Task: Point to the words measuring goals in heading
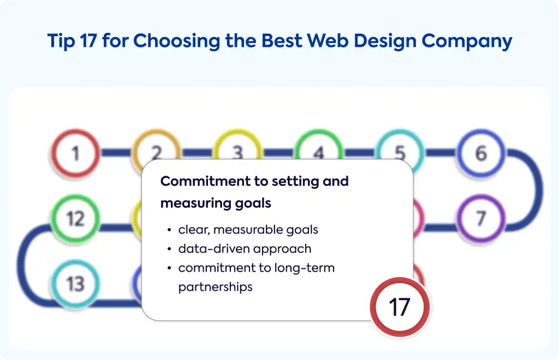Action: click(x=216, y=203)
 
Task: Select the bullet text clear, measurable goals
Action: click(x=248, y=230)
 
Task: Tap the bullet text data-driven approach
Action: click(x=245, y=249)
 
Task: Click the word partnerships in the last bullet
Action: click(x=215, y=287)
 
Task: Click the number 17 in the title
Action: click(x=88, y=40)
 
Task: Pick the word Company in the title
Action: click(x=467, y=41)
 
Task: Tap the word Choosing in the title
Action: click(x=177, y=41)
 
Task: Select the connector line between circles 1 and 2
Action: click(x=116, y=153)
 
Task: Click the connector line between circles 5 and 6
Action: click(x=441, y=153)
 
